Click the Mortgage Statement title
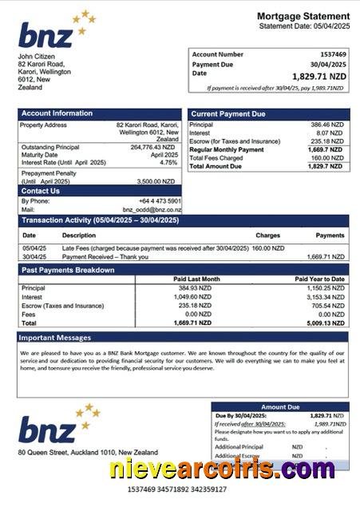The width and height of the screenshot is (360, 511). [x=303, y=16]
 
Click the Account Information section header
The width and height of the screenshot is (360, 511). [x=57, y=113]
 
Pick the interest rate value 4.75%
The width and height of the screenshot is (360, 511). [x=168, y=162]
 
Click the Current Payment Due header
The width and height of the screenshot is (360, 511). [x=228, y=114]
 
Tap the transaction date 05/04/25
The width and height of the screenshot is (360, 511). [x=34, y=248]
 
